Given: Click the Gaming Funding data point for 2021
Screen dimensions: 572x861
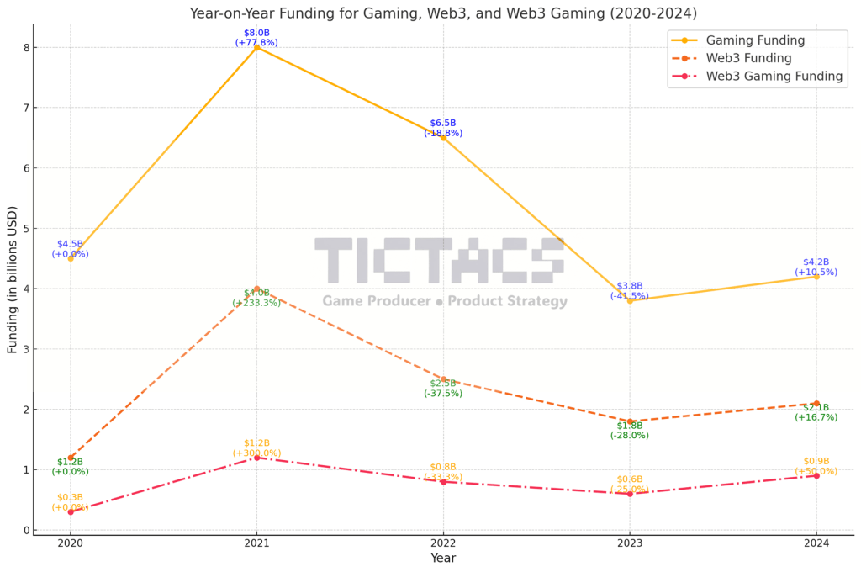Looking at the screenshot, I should (x=256, y=47).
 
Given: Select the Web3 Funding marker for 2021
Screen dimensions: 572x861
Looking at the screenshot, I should (x=256, y=289).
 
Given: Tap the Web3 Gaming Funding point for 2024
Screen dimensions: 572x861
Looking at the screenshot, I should (x=816, y=475).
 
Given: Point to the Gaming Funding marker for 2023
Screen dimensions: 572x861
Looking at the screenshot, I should (x=629, y=300).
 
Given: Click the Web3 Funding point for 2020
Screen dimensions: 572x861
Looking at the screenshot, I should (x=71, y=458).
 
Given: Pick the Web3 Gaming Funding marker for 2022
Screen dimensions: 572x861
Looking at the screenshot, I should (x=443, y=481).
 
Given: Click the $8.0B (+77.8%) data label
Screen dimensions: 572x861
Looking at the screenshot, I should (x=256, y=38).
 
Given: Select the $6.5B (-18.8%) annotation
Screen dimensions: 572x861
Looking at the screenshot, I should (x=443, y=128).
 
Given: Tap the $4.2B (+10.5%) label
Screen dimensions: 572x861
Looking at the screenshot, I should (x=816, y=267).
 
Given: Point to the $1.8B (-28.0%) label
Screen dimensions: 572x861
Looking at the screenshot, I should (x=629, y=431).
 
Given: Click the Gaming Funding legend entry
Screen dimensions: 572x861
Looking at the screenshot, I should (x=755, y=40).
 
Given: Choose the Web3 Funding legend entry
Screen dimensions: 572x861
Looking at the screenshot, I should (x=748, y=58).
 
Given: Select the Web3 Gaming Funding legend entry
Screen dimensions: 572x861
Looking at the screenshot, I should (x=774, y=76).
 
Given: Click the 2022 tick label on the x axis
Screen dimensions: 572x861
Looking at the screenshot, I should (x=443, y=543).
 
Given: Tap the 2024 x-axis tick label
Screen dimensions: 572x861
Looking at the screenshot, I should (x=816, y=543).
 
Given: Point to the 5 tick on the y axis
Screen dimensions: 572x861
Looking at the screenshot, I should (x=27, y=228).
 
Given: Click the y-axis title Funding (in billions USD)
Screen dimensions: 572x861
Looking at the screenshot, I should (x=13, y=279).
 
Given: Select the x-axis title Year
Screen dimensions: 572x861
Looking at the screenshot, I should (x=443, y=559).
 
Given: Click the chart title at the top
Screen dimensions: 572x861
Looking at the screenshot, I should (x=443, y=13).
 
